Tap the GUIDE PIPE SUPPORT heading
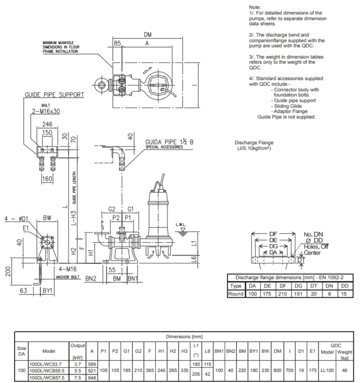point(54,95)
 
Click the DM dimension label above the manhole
point(148,35)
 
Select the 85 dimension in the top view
point(117,43)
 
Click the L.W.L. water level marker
point(181,224)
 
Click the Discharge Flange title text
point(254,143)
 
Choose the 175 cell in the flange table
point(267,294)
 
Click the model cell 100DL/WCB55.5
point(49,370)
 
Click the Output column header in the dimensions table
point(77,345)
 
